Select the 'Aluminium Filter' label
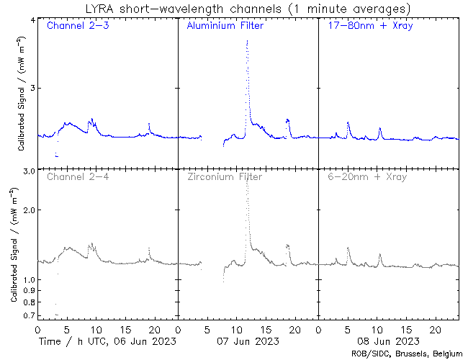pyautogui.click(x=225, y=27)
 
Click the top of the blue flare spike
pyautogui.click(x=247, y=41)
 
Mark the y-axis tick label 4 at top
pyautogui.click(x=32, y=20)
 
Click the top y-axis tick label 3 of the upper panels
pyautogui.click(x=32, y=88)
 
